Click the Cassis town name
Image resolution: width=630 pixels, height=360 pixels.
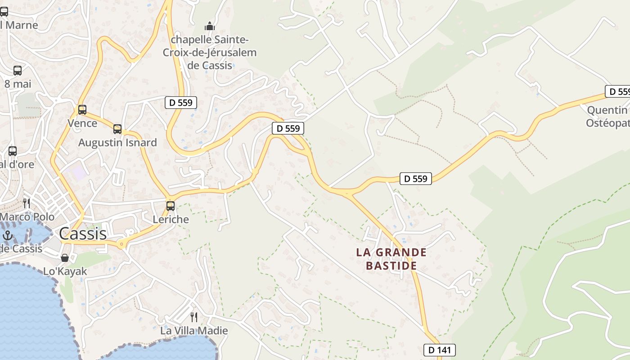83,234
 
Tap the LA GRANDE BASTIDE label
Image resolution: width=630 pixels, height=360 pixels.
391,259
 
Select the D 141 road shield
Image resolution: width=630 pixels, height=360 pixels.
440,350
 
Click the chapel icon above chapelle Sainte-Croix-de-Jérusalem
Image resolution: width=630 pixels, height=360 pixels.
210,26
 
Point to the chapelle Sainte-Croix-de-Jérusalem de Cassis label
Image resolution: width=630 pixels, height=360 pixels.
210,52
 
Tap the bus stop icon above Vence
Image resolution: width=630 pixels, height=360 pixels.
82,109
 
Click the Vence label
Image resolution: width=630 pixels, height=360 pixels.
82,123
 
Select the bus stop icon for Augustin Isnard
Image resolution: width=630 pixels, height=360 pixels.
117,129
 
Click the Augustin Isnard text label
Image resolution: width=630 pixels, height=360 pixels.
117,143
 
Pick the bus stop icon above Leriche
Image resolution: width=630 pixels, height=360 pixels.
171,206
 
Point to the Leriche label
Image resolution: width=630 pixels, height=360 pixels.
171,220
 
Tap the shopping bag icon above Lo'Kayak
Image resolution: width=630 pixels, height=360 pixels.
65,258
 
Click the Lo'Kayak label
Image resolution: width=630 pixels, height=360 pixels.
65,271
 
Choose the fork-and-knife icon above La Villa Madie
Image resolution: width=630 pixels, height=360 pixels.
194,317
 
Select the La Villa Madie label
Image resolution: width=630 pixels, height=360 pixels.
194,331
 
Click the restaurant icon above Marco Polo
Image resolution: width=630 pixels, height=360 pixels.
27,203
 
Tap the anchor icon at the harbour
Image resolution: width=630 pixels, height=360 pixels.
7,235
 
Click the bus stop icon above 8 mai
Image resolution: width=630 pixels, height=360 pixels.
17,70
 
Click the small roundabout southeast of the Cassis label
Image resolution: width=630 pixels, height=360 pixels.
121,244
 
